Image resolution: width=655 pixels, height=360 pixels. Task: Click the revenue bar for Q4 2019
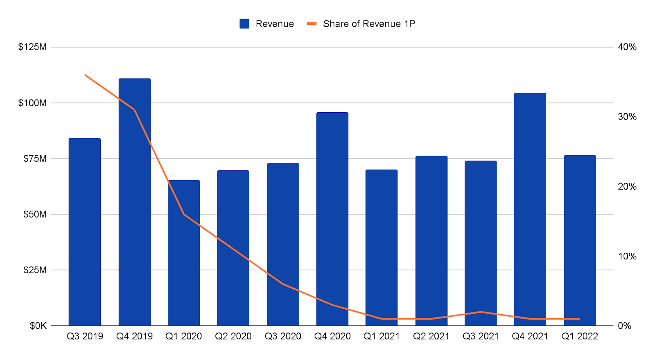coord(135,205)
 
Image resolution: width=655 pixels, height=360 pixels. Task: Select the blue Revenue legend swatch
coord(244,24)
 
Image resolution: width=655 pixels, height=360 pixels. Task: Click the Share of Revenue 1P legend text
coord(369,24)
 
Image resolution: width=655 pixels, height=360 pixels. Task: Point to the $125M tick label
coord(32,47)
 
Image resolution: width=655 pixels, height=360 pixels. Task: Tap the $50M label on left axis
coord(35,214)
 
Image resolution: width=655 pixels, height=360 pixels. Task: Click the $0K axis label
coord(38,326)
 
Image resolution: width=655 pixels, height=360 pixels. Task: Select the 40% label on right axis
coord(627,47)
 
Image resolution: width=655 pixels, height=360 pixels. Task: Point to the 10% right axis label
coord(627,256)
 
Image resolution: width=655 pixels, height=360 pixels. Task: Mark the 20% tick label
coord(627,187)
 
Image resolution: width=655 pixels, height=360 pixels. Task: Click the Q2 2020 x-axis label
coord(233,336)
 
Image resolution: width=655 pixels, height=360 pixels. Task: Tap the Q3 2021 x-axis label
coord(481,336)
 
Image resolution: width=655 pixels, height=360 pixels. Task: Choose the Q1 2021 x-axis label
coord(382,336)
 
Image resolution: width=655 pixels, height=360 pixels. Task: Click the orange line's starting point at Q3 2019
coord(85,75)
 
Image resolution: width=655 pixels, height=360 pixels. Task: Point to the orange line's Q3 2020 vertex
coord(283,284)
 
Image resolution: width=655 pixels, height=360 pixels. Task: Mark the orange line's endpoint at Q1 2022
coord(579,319)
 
